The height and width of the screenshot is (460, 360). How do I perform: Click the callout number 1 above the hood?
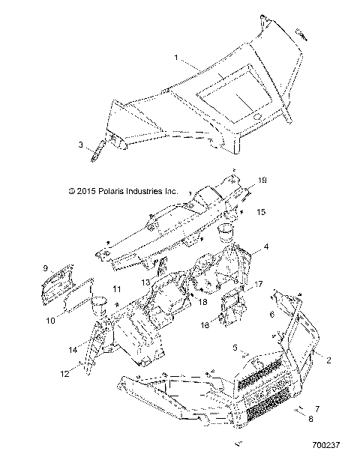click(x=176, y=57)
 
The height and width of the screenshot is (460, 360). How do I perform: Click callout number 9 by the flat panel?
click(x=46, y=268)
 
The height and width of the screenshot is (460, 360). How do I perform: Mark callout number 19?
click(x=262, y=181)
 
